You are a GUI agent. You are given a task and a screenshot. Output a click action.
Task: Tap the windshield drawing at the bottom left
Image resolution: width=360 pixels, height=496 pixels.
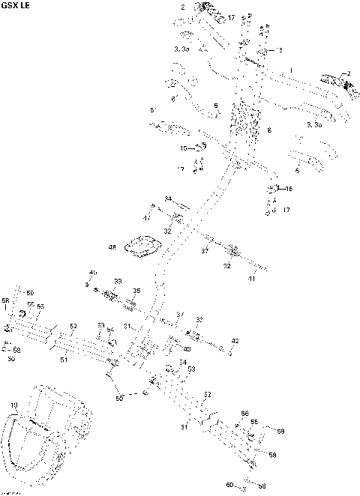point(45,435)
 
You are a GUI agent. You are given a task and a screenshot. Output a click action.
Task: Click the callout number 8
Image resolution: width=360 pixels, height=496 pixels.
point(268,130)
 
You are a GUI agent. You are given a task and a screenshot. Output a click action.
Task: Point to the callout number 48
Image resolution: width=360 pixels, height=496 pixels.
point(112,247)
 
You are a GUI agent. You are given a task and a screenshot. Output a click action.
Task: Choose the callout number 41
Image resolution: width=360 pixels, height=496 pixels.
point(252,279)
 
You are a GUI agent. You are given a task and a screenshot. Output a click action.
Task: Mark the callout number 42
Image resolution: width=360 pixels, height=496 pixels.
point(235,341)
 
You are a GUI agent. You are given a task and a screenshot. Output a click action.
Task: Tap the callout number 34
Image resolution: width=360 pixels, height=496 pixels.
point(169,199)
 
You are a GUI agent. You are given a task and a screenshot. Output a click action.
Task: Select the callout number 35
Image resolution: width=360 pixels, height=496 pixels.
point(136,291)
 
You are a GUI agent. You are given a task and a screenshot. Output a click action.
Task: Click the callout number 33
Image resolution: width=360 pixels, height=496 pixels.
point(118,281)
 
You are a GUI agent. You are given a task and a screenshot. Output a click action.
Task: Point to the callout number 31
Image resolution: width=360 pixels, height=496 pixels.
point(128,326)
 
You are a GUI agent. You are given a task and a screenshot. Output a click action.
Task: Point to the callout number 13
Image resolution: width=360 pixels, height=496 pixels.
point(280,49)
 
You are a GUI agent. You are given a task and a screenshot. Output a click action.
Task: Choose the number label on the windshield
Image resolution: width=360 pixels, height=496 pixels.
point(13,405)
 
